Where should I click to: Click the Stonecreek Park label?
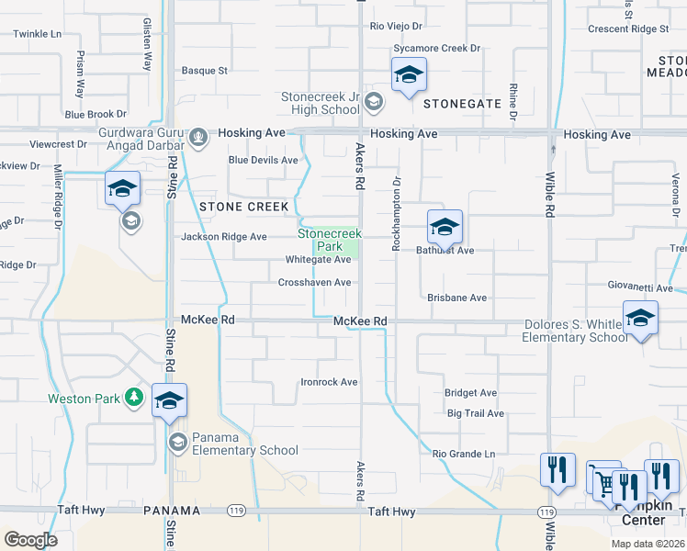pos(329,241)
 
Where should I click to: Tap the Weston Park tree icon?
pos(135,397)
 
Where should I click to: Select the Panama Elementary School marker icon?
pos(177,443)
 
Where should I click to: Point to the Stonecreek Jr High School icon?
pos(373,101)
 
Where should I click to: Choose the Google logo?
pos(30,540)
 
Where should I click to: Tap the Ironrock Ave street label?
pos(330,382)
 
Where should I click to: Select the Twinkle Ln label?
pos(37,34)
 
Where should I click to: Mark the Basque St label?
pos(204,70)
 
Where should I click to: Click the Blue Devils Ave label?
pos(264,160)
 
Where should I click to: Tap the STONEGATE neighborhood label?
pos(462,105)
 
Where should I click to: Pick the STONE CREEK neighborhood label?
pos(244,207)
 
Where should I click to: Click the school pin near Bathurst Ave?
pos(445,228)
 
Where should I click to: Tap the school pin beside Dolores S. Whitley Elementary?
pos(640,318)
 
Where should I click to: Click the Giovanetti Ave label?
pos(642,286)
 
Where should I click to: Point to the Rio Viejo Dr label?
pos(396,28)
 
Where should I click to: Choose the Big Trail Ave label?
pos(476,413)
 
